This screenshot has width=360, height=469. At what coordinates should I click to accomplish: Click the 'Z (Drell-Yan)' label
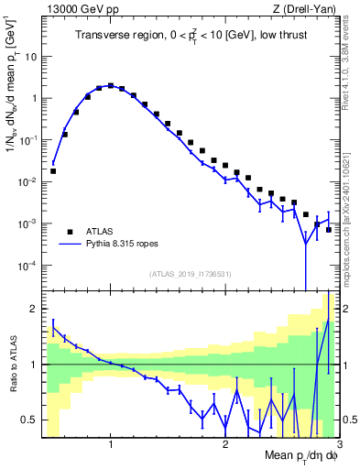coord(307,10)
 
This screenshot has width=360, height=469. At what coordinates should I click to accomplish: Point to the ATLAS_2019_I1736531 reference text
coord(191,273)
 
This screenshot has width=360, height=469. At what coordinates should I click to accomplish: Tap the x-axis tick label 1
coord(111,445)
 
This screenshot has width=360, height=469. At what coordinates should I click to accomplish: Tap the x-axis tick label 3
coord(338,445)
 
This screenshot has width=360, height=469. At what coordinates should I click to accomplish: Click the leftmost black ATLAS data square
coord(53,170)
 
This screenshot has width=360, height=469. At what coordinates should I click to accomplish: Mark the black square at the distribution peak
coord(111,86)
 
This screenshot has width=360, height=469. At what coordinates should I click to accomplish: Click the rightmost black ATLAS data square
coord(328,229)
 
